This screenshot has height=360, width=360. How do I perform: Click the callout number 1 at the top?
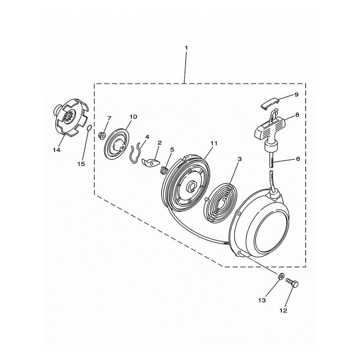pos(186,48)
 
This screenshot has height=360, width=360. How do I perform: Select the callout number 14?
pos(57,150)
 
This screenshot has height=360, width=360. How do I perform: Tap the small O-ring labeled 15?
pos(90,128)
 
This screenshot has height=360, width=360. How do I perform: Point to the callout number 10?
pos(134,117)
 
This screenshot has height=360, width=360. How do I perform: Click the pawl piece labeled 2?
pos(150,162)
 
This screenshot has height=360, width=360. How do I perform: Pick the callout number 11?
pos(214,143)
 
